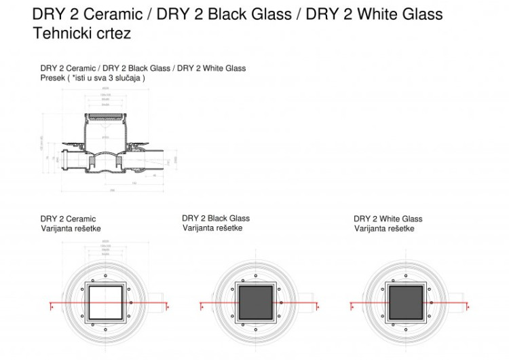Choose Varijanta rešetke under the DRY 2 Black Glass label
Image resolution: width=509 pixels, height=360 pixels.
(x=212, y=228)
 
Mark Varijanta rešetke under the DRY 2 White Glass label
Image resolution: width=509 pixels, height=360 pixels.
(x=384, y=228)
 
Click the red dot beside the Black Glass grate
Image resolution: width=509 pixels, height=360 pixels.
(x=280, y=302)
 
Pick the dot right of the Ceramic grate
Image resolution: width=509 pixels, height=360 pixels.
(x=130, y=302)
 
